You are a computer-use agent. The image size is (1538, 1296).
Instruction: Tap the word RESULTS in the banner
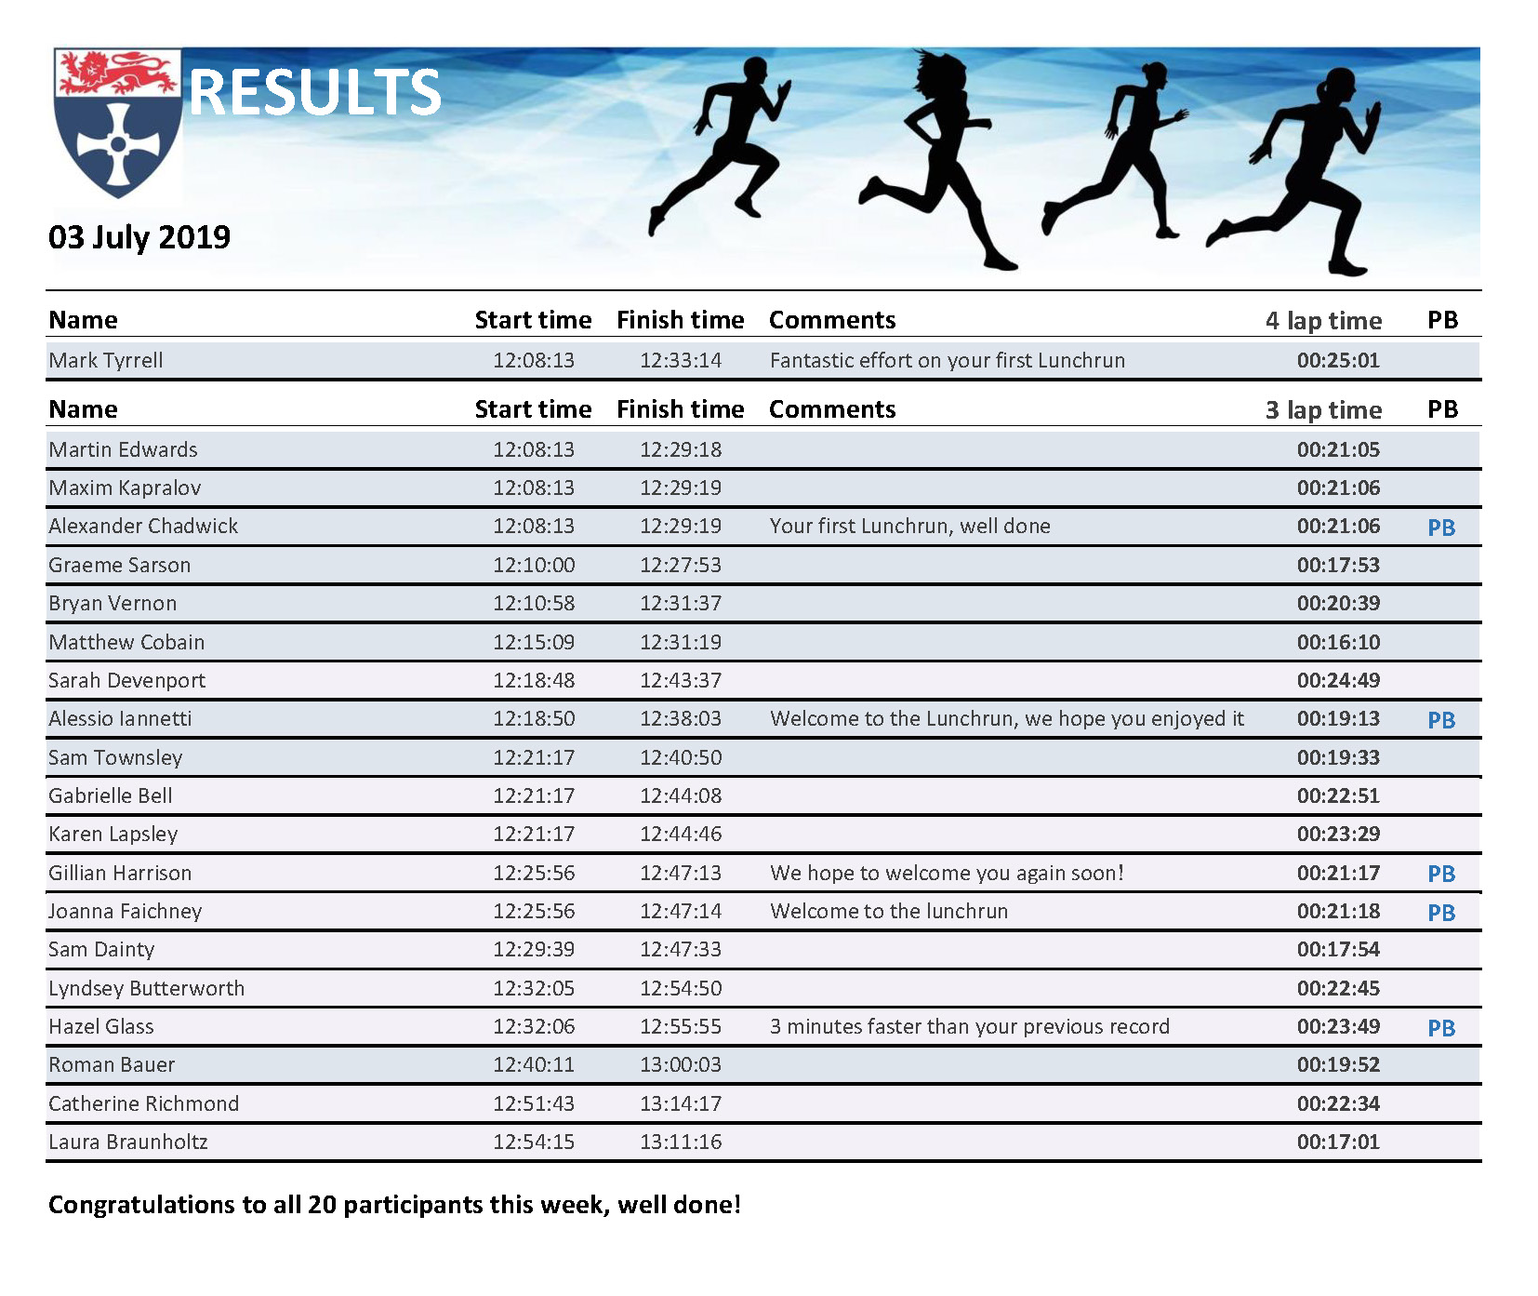point(315,93)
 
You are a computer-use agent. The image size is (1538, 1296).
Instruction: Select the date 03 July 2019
point(139,237)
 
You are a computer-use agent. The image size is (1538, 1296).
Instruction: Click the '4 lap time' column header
point(1323,320)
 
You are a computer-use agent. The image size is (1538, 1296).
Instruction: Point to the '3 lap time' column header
point(1323,410)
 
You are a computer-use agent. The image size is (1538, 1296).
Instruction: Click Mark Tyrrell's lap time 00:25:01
point(1338,361)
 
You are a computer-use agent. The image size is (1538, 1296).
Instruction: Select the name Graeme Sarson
point(120,566)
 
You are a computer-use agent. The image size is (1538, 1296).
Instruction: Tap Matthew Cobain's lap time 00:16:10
point(1338,642)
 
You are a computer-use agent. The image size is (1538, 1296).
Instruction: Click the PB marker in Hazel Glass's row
point(1441,1028)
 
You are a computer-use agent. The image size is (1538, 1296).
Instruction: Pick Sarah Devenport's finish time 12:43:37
point(681,681)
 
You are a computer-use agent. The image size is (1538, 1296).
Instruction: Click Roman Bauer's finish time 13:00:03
point(681,1065)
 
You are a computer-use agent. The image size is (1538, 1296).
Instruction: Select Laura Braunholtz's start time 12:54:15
point(534,1142)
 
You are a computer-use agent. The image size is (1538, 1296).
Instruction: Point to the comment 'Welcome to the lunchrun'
point(889,912)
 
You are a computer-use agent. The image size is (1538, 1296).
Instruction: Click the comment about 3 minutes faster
point(970,1027)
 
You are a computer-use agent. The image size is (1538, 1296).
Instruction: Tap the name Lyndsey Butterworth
point(147,989)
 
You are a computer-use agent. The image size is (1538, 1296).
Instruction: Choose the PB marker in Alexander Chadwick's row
point(1441,528)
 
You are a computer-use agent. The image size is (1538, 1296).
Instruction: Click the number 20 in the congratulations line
point(322,1206)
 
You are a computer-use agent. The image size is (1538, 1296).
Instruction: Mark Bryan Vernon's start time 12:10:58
point(534,604)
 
